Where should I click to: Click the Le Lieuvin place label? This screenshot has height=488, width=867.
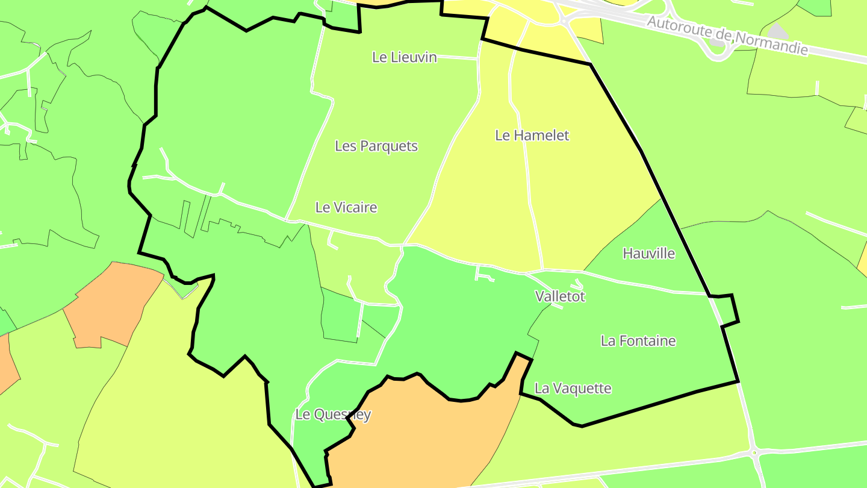tap(404, 57)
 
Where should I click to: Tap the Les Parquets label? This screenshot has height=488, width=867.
tap(376, 146)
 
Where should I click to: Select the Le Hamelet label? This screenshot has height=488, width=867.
tap(532, 136)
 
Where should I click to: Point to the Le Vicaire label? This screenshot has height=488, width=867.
tap(346, 207)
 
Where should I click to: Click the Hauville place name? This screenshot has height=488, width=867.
tap(649, 253)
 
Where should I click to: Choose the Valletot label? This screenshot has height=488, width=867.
tap(560, 296)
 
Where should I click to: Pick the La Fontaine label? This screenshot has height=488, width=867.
tap(638, 340)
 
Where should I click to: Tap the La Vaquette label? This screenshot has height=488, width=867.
tap(573, 389)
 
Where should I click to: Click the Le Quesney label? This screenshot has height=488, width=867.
tap(333, 414)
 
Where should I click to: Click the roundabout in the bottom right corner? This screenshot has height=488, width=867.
tap(755, 452)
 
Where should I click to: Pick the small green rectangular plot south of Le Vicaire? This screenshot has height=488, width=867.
tap(341, 316)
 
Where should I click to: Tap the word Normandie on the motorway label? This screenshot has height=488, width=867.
tap(774, 43)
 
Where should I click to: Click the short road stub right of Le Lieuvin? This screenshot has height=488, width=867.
tap(458, 58)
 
